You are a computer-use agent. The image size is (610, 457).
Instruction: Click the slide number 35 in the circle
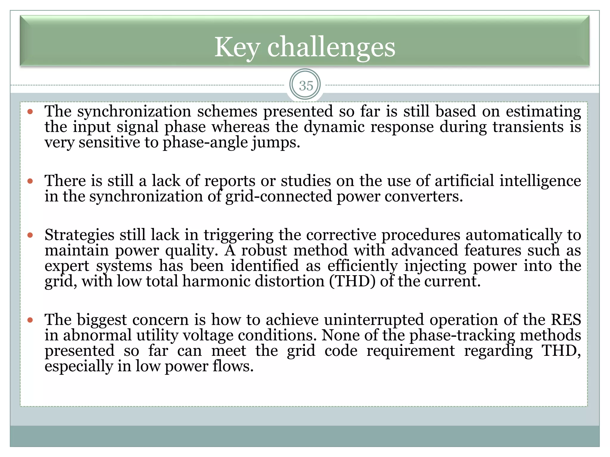point(306,86)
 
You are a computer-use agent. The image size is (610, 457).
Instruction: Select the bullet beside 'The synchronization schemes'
point(30,112)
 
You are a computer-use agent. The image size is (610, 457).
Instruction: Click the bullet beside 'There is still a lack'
point(30,181)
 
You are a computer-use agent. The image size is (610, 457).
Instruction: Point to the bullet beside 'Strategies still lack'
point(30,235)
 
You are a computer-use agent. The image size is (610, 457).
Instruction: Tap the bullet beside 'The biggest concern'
point(30,320)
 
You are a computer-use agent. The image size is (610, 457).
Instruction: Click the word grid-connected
point(278,196)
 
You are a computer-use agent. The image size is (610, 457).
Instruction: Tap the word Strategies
point(79,235)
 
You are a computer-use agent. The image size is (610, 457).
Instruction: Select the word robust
point(264,250)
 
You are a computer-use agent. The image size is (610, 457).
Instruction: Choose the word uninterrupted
point(374,320)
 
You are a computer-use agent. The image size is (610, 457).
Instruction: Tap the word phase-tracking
point(462,335)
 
